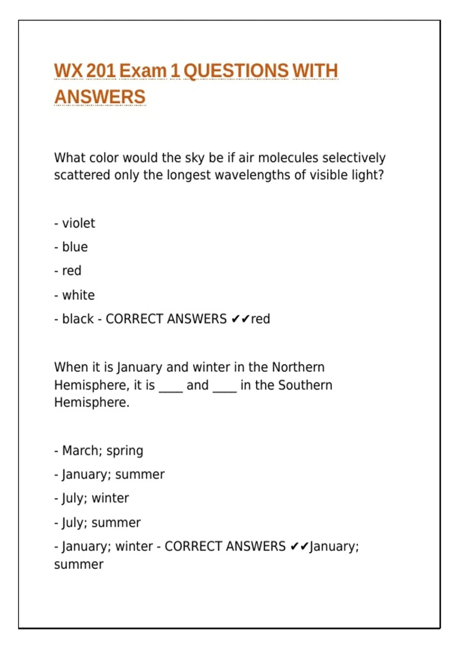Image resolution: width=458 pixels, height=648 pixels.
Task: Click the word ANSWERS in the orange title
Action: click(100, 96)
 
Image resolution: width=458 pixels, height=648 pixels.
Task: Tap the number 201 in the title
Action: click(101, 71)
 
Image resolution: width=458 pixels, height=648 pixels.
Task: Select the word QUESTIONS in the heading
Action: click(236, 71)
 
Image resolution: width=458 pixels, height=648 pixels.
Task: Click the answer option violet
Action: click(78, 223)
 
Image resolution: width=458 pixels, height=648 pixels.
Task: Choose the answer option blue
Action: click(75, 247)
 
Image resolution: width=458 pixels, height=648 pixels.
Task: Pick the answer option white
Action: click(78, 295)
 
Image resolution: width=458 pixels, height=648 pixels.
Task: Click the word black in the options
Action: click(78, 319)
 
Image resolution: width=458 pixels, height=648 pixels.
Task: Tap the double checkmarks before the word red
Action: click(240, 319)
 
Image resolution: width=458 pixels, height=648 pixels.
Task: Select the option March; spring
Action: click(102, 451)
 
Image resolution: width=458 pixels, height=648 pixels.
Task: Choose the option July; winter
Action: click(95, 498)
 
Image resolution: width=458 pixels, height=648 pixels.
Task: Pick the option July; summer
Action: click(101, 522)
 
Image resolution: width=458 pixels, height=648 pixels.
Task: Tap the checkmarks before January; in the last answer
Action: click(299, 546)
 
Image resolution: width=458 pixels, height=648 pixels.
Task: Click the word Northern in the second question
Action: click(298, 367)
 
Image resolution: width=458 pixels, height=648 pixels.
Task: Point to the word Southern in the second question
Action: click(305, 385)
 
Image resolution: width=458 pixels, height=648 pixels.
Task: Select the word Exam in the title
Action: click(143, 71)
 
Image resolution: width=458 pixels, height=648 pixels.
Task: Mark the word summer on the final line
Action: click(79, 564)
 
